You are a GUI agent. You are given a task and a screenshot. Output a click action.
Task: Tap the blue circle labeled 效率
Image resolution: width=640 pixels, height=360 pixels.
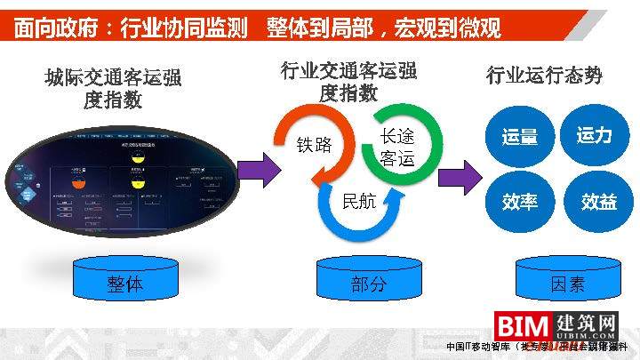519,202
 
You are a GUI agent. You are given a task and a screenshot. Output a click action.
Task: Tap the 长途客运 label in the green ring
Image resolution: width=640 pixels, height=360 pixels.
397,148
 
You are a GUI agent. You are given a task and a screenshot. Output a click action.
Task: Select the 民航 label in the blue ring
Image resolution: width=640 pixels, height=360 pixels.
359,201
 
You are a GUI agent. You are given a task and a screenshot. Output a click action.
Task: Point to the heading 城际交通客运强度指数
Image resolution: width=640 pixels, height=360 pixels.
113,89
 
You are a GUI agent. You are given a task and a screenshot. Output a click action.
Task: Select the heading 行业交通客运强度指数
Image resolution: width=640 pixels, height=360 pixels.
348,81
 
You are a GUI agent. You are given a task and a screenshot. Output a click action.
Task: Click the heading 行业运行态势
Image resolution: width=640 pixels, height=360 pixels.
544,76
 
